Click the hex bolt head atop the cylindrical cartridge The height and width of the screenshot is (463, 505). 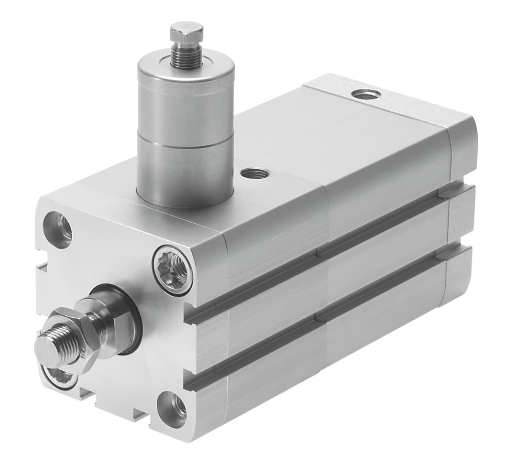click(x=187, y=32)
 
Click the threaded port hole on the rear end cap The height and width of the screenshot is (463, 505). click(x=366, y=94)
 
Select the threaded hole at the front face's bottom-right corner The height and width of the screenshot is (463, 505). click(x=173, y=409)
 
